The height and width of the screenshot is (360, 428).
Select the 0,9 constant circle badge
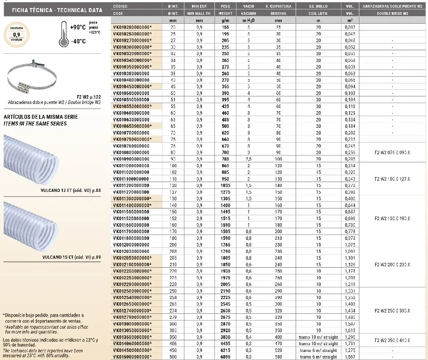click(x=16, y=34)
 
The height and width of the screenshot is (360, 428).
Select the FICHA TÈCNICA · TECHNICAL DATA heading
click(x=50, y=9)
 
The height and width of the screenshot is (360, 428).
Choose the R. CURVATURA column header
click(x=279, y=7)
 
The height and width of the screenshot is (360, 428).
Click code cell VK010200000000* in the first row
click(x=133, y=27)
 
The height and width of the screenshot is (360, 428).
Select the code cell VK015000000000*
click(x=133, y=357)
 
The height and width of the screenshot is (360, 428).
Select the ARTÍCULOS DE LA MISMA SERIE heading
click(x=40, y=117)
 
